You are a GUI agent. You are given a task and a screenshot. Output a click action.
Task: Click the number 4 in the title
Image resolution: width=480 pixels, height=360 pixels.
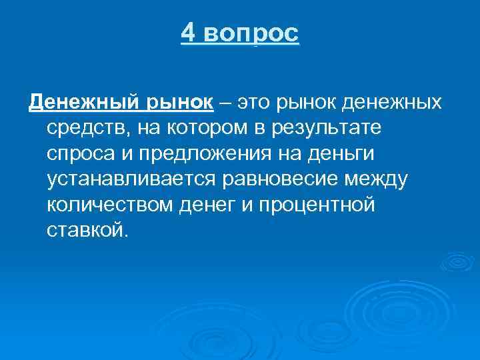tap(188, 33)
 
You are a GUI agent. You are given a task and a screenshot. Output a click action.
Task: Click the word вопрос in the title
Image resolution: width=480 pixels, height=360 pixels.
tap(252, 33)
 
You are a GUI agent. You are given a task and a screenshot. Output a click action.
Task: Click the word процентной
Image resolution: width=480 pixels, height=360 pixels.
tap(321, 205)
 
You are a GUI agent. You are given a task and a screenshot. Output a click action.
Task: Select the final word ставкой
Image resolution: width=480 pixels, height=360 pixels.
tap(85, 231)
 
